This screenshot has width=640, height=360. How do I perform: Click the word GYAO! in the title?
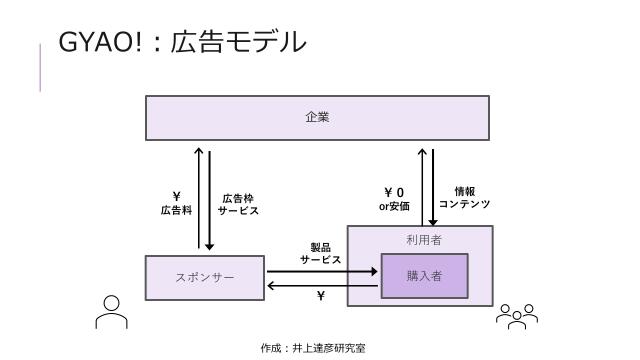point(96,43)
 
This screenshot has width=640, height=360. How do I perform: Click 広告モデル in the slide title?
point(237,43)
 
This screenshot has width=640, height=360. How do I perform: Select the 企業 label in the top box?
point(317,117)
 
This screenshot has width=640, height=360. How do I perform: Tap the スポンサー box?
point(205,277)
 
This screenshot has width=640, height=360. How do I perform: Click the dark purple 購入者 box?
point(424,276)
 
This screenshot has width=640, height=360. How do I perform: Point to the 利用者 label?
point(424,240)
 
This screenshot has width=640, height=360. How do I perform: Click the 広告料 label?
point(176,211)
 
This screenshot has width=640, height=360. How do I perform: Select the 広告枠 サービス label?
point(239,205)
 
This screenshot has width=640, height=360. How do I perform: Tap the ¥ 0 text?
point(394,192)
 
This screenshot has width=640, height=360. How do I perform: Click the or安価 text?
point(394,207)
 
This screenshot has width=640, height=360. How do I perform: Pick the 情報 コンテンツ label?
point(464,197)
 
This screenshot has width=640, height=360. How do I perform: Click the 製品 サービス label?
point(320,253)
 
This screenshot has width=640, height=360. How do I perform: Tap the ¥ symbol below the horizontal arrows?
point(321,297)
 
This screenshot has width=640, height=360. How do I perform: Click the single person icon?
point(111,311)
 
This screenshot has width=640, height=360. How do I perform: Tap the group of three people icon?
point(517,316)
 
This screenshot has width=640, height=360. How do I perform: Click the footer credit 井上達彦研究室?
point(328,348)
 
